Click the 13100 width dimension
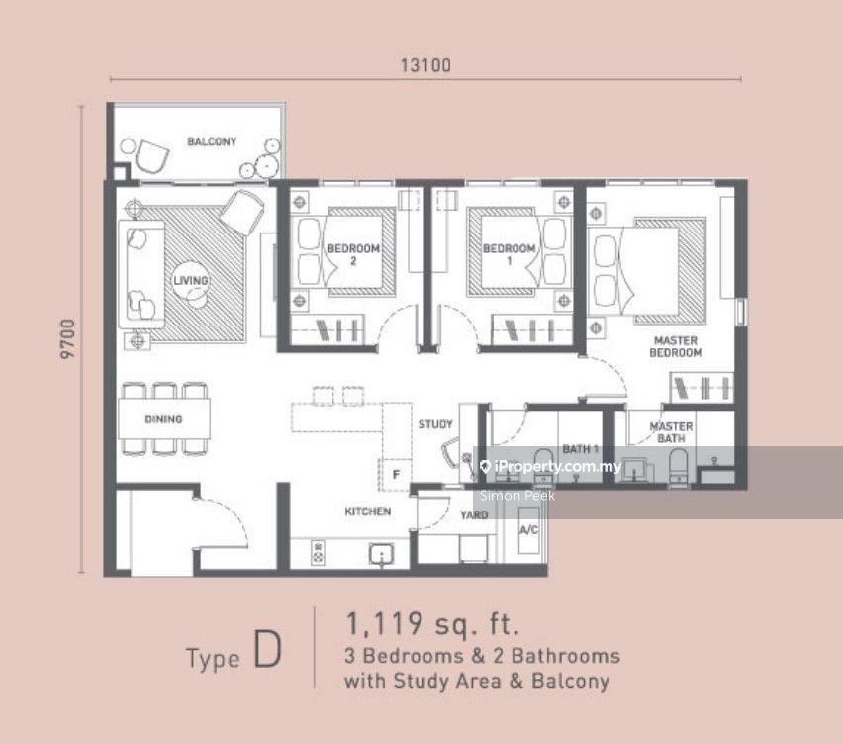coord(425,65)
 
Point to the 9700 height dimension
coord(68,339)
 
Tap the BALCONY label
coord(212,141)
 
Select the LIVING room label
coord(191,280)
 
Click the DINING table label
coord(163,418)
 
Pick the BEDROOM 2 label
coord(353,255)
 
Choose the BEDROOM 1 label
coord(510,255)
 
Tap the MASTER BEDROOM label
coord(676,346)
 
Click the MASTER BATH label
coord(671,432)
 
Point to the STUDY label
coord(435,424)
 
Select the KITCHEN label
coord(368,511)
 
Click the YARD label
coord(474,515)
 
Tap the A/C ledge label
coord(529,530)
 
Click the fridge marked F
coord(396,474)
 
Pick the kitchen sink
coord(381,554)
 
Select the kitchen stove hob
coord(319,553)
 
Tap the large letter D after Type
coord(267,649)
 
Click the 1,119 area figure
coord(384,624)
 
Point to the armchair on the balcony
coord(151,156)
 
